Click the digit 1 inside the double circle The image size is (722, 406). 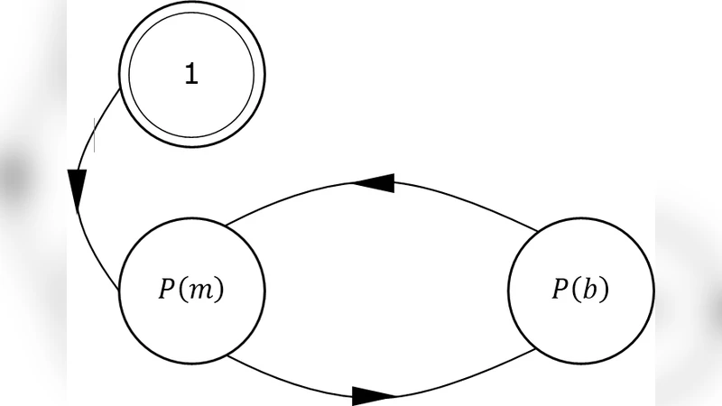(x=190, y=75)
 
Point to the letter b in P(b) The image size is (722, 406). (x=588, y=290)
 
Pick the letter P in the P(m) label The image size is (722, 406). (x=167, y=290)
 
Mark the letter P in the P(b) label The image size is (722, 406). (x=559, y=290)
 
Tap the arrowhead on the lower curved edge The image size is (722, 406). (x=375, y=395)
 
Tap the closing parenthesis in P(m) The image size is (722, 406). (x=218, y=290)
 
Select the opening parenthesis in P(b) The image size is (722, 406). (x=574, y=290)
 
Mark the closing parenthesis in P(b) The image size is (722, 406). (x=603, y=290)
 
